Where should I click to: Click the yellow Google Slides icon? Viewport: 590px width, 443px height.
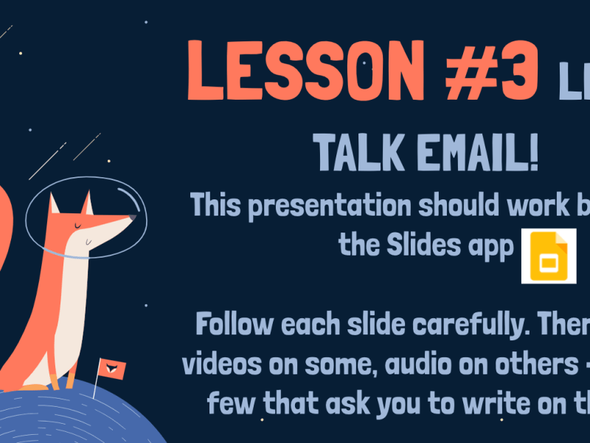[x=548, y=255]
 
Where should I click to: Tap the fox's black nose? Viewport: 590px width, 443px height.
[x=132, y=219]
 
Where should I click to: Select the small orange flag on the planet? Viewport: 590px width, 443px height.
[x=112, y=367]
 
